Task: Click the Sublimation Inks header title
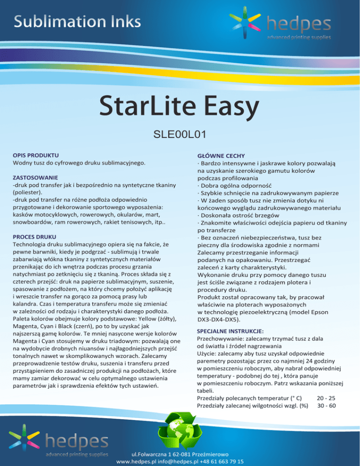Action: [78, 21]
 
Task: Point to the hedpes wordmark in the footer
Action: [77, 441]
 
